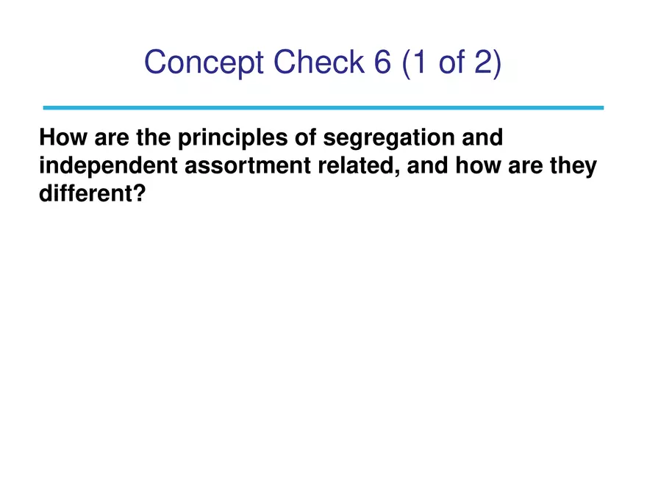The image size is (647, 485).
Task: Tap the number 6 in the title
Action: (x=376, y=62)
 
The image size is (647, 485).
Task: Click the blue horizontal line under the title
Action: (x=323, y=107)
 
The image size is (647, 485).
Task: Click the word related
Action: (x=354, y=166)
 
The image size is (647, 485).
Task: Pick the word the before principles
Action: (x=154, y=137)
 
